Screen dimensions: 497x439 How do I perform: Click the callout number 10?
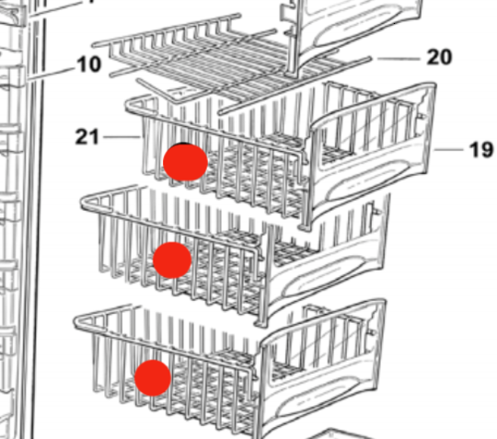click(x=89, y=64)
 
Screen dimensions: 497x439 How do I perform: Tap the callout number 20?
click(x=439, y=57)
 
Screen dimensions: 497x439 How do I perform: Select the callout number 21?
click(x=87, y=137)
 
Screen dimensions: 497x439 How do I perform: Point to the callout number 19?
click(x=481, y=150)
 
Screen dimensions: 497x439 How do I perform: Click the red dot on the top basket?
click(x=185, y=162)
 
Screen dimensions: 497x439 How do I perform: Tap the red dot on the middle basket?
click(x=172, y=260)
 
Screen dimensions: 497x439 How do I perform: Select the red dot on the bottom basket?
click(x=153, y=378)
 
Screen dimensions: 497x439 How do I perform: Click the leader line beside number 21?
click(x=122, y=137)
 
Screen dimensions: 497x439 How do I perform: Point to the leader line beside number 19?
click(x=448, y=150)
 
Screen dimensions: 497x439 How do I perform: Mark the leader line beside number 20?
click(x=399, y=59)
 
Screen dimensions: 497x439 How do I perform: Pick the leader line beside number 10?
click(x=51, y=73)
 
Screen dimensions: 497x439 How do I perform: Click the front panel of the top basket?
click(x=371, y=152)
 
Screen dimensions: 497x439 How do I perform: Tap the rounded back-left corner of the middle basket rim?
click(x=85, y=202)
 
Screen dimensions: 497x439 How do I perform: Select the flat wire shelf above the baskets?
click(x=231, y=60)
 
